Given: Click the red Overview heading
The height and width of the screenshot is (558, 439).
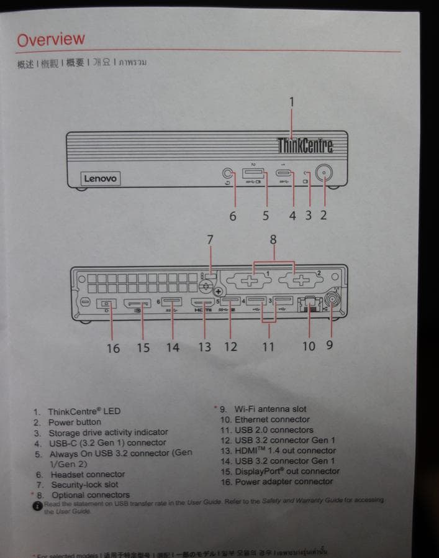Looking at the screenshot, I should pos(51,40).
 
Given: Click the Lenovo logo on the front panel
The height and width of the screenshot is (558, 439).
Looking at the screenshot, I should pos(100,179).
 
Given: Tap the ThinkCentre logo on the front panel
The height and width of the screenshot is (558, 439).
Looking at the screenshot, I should pos(305,145).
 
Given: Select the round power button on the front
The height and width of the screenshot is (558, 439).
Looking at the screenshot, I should pos(323,174).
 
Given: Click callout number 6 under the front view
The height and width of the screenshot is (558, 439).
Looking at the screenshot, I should pos(233,216).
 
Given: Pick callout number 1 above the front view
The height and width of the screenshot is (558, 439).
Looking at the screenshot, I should pos(292,101).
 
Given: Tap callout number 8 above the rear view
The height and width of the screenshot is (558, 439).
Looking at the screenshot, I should pos(273,239).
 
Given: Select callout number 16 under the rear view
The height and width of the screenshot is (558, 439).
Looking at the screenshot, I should pos(112,348).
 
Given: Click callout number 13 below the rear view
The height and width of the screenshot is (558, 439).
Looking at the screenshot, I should pos(204,347).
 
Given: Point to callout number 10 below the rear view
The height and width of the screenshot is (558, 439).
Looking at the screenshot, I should pos(309,346).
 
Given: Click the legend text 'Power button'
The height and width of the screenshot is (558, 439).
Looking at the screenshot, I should pos(75,422).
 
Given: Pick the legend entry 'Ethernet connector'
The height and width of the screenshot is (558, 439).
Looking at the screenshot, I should pos(263,419).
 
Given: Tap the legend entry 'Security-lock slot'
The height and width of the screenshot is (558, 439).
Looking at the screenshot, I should pos(84,485).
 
